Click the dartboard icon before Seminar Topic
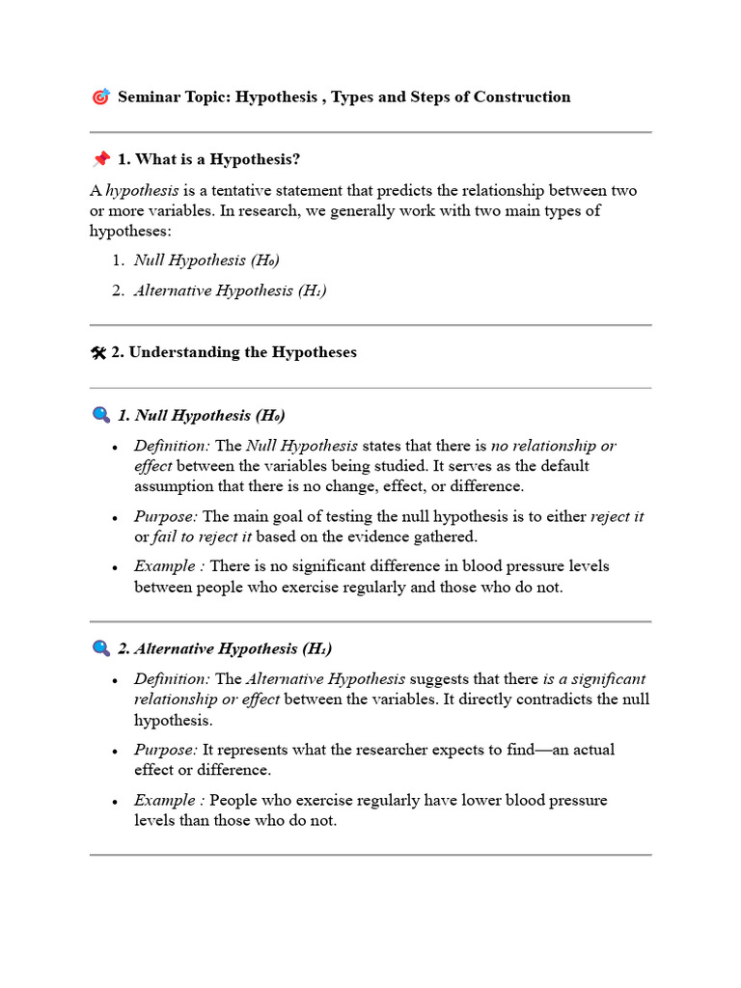pos(100,96)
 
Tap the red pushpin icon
pos(100,159)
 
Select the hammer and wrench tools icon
pos(97,353)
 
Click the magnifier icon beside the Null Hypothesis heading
pos(100,416)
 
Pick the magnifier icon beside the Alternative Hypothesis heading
pos(100,649)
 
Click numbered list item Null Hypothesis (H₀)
pos(206,260)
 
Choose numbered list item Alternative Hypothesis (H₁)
pos(230,290)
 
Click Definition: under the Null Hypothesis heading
pos(172,446)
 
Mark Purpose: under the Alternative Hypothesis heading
pos(166,750)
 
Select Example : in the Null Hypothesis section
pos(169,566)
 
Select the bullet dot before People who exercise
pos(116,802)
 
